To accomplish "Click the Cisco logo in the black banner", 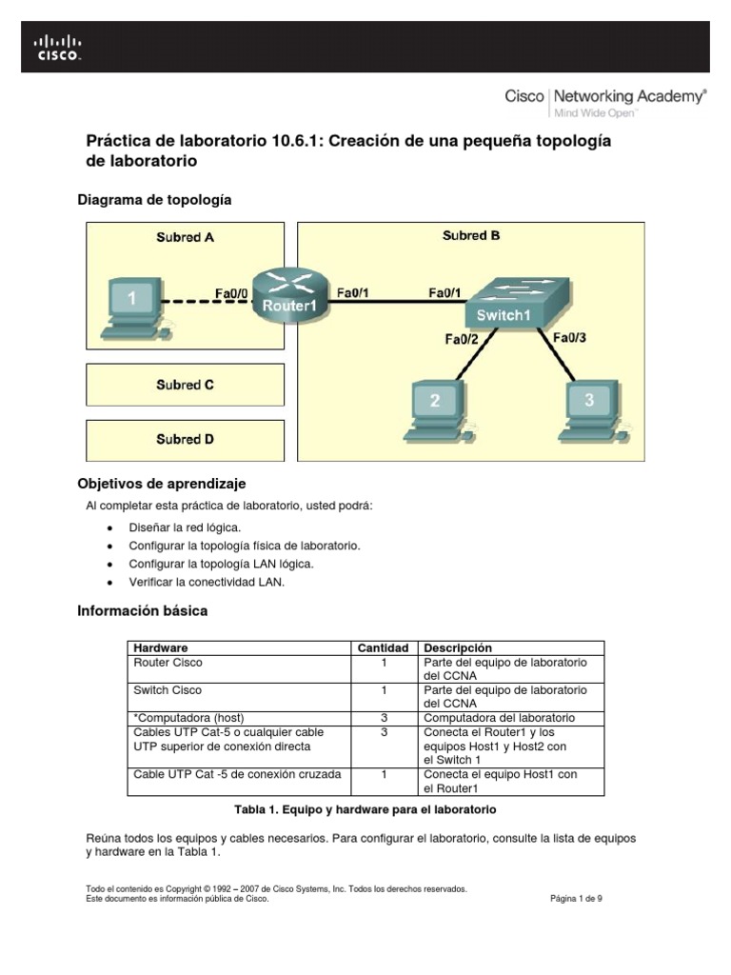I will (58, 47).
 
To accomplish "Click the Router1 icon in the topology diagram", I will (288, 295).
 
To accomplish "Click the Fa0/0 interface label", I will (231, 294).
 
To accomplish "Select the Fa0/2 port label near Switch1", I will (462, 337).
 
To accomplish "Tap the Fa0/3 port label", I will (569, 337).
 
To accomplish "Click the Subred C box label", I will (185, 386).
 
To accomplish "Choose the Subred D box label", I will (185, 440).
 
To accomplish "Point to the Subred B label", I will (471, 236).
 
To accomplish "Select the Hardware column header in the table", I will (161, 647).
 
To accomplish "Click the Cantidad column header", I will (383, 647).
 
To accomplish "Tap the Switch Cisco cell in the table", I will (168, 690).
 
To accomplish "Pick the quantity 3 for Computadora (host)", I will (383, 718).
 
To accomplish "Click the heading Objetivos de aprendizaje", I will (166, 484).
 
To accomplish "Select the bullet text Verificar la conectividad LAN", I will (207, 582).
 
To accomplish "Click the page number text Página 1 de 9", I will (576, 898).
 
